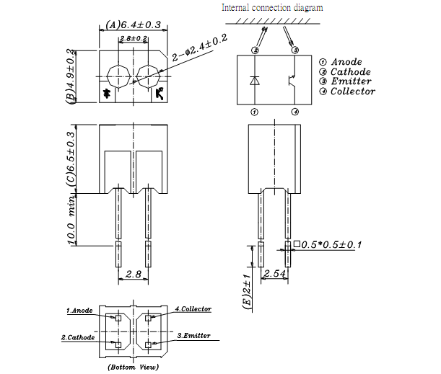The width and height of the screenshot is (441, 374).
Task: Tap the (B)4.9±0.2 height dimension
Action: tap(71, 77)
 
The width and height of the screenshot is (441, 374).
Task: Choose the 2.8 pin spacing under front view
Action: tap(133, 274)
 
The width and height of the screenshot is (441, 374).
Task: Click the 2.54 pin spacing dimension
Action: tap(276, 274)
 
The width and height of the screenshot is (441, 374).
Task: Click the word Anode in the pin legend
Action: tap(346, 62)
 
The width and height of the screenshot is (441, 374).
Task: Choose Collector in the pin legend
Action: tap(352, 92)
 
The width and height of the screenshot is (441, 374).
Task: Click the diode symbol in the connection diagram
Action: tap(254, 80)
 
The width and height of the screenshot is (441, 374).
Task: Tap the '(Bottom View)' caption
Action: tap(133, 367)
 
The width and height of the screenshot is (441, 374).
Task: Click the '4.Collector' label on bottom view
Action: tap(193, 309)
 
